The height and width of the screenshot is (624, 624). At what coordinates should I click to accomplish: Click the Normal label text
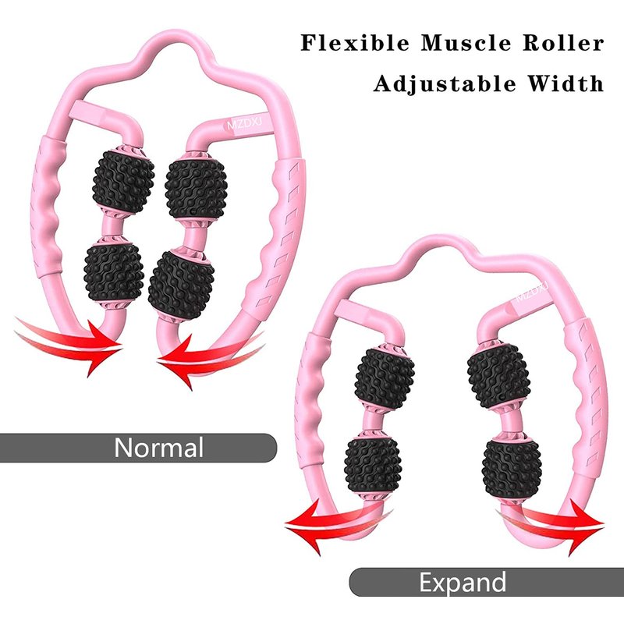tap(158, 448)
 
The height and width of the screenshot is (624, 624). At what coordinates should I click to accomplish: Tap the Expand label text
tap(462, 582)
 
